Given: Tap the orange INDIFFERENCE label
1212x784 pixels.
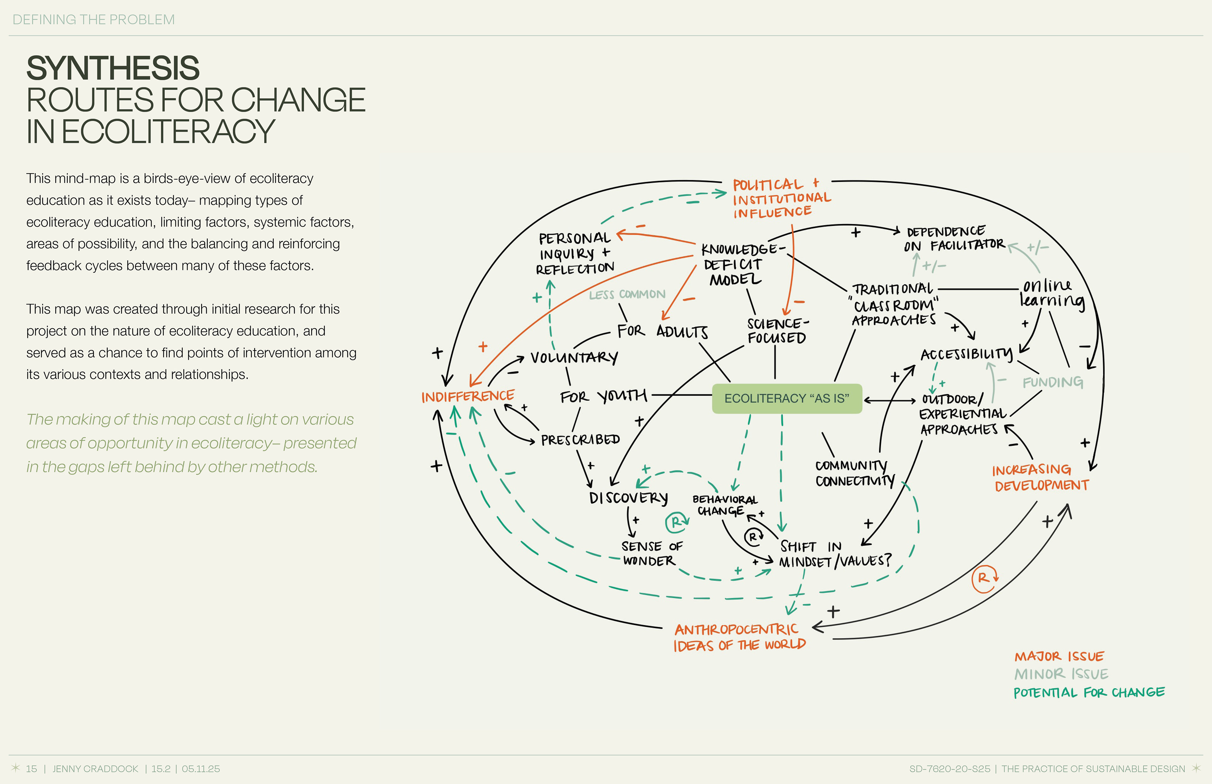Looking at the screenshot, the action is [x=467, y=396].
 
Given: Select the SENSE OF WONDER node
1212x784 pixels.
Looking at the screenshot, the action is [x=651, y=553].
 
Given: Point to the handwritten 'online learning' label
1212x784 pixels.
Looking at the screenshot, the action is [x=1051, y=293].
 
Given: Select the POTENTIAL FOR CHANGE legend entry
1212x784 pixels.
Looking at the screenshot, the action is [x=1089, y=693].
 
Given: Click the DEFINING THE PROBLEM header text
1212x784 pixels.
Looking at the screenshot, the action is [x=94, y=20].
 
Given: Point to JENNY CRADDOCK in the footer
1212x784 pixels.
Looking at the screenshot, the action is [x=95, y=769].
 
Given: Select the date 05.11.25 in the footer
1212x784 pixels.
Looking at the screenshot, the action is [x=201, y=769].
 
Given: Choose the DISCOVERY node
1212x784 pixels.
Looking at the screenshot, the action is [x=628, y=498].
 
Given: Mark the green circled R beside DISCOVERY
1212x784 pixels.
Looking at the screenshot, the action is [x=677, y=522].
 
